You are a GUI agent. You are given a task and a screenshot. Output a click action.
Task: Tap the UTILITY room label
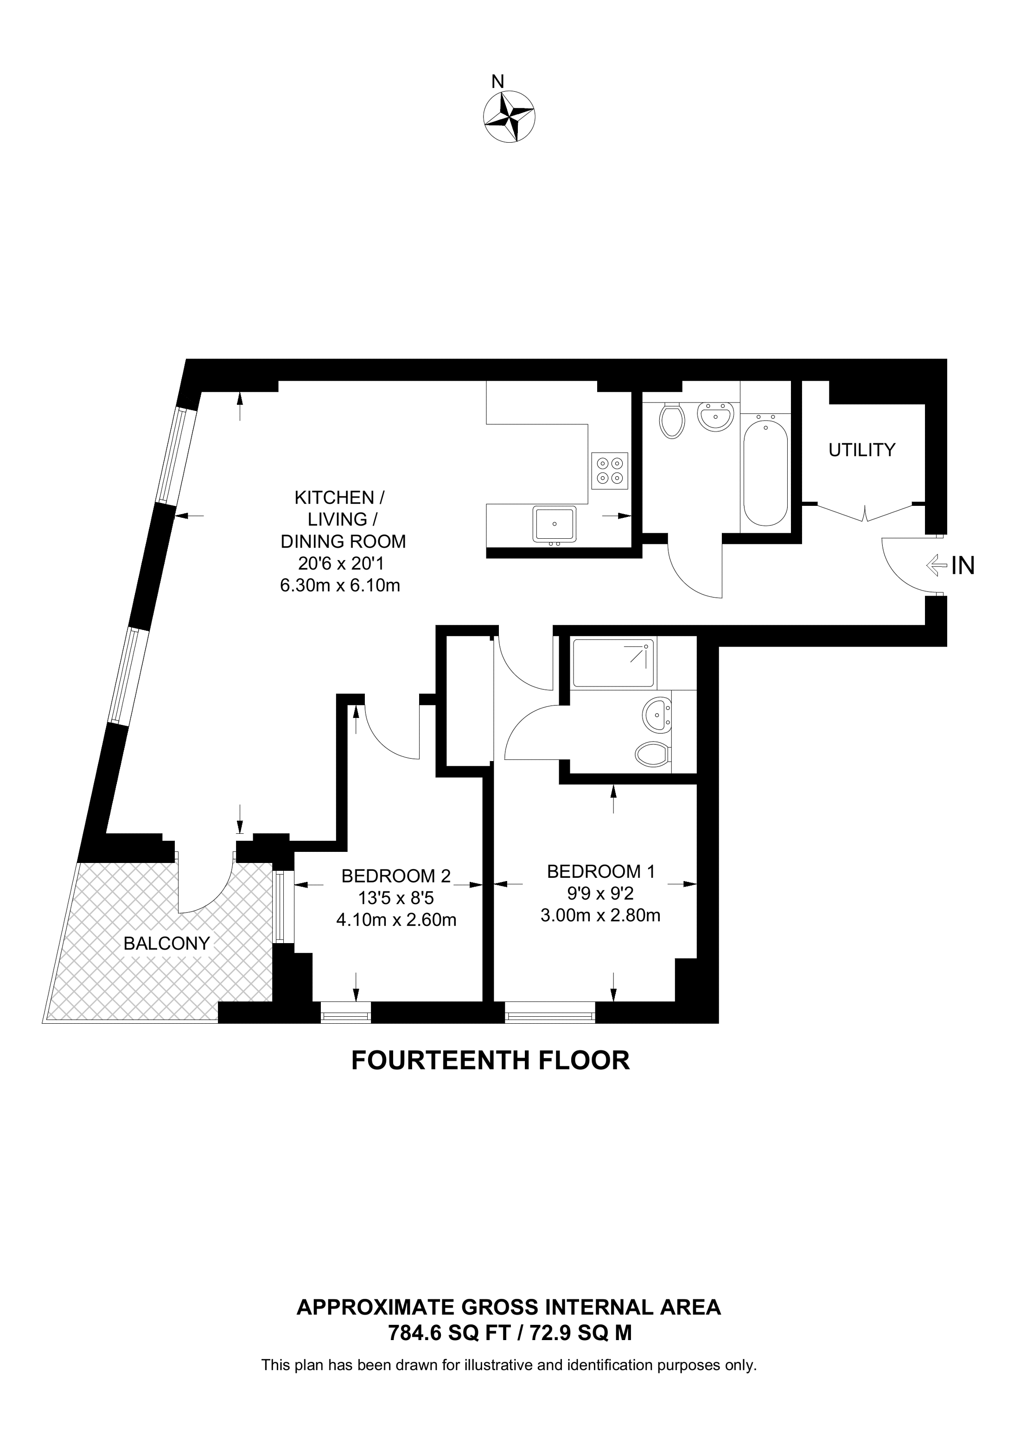pyautogui.click(x=861, y=450)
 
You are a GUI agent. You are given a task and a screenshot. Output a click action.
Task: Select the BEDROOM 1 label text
pyautogui.click(x=601, y=871)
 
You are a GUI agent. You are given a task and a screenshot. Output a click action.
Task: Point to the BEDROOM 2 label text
pyautogui.click(x=396, y=875)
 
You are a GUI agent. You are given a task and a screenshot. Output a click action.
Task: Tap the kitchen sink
pyautogui.click(x=555, y=524)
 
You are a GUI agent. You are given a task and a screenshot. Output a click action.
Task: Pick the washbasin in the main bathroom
pyautogui.click(x=716, y=416)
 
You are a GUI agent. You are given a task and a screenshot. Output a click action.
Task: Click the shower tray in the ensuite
pyautogui.click(x=614, y=662)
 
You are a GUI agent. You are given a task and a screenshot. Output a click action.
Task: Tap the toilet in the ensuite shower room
pyautogui.click(x=652, y=753)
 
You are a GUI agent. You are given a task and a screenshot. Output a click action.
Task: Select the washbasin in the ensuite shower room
pyautogui.click(x=657, y=715)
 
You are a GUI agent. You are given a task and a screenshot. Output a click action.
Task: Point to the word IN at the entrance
pyautogui.click(x=963, y=566)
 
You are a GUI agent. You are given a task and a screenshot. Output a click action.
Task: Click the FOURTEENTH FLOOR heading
pyautogui.click(x=490, y=1060)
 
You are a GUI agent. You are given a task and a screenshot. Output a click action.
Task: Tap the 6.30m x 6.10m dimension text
pyautogui.click(x=340, y=586)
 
